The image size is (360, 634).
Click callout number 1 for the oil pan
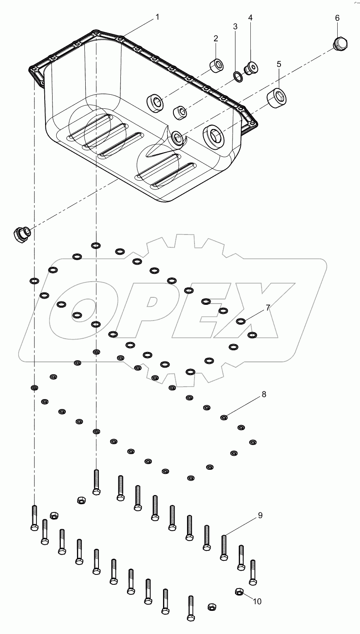[x=157, y=17]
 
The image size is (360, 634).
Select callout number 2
[x=216, y=38]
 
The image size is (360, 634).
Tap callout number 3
[x=235, y=27]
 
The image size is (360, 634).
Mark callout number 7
[x=268, y=307]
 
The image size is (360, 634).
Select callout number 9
[x=260, y=515]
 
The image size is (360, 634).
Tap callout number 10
[x=257, y=601]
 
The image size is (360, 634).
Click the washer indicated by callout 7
[x=241, y=322]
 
